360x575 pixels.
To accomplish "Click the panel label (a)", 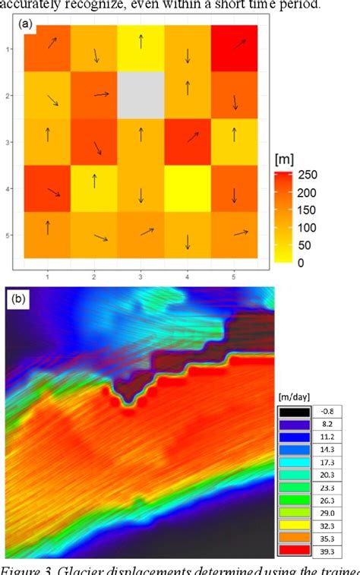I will click(26, 25).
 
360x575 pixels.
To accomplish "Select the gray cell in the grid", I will click(141, 95).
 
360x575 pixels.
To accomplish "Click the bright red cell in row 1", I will click(235, 47).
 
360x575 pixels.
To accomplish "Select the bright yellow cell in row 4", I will click(188, 190).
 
